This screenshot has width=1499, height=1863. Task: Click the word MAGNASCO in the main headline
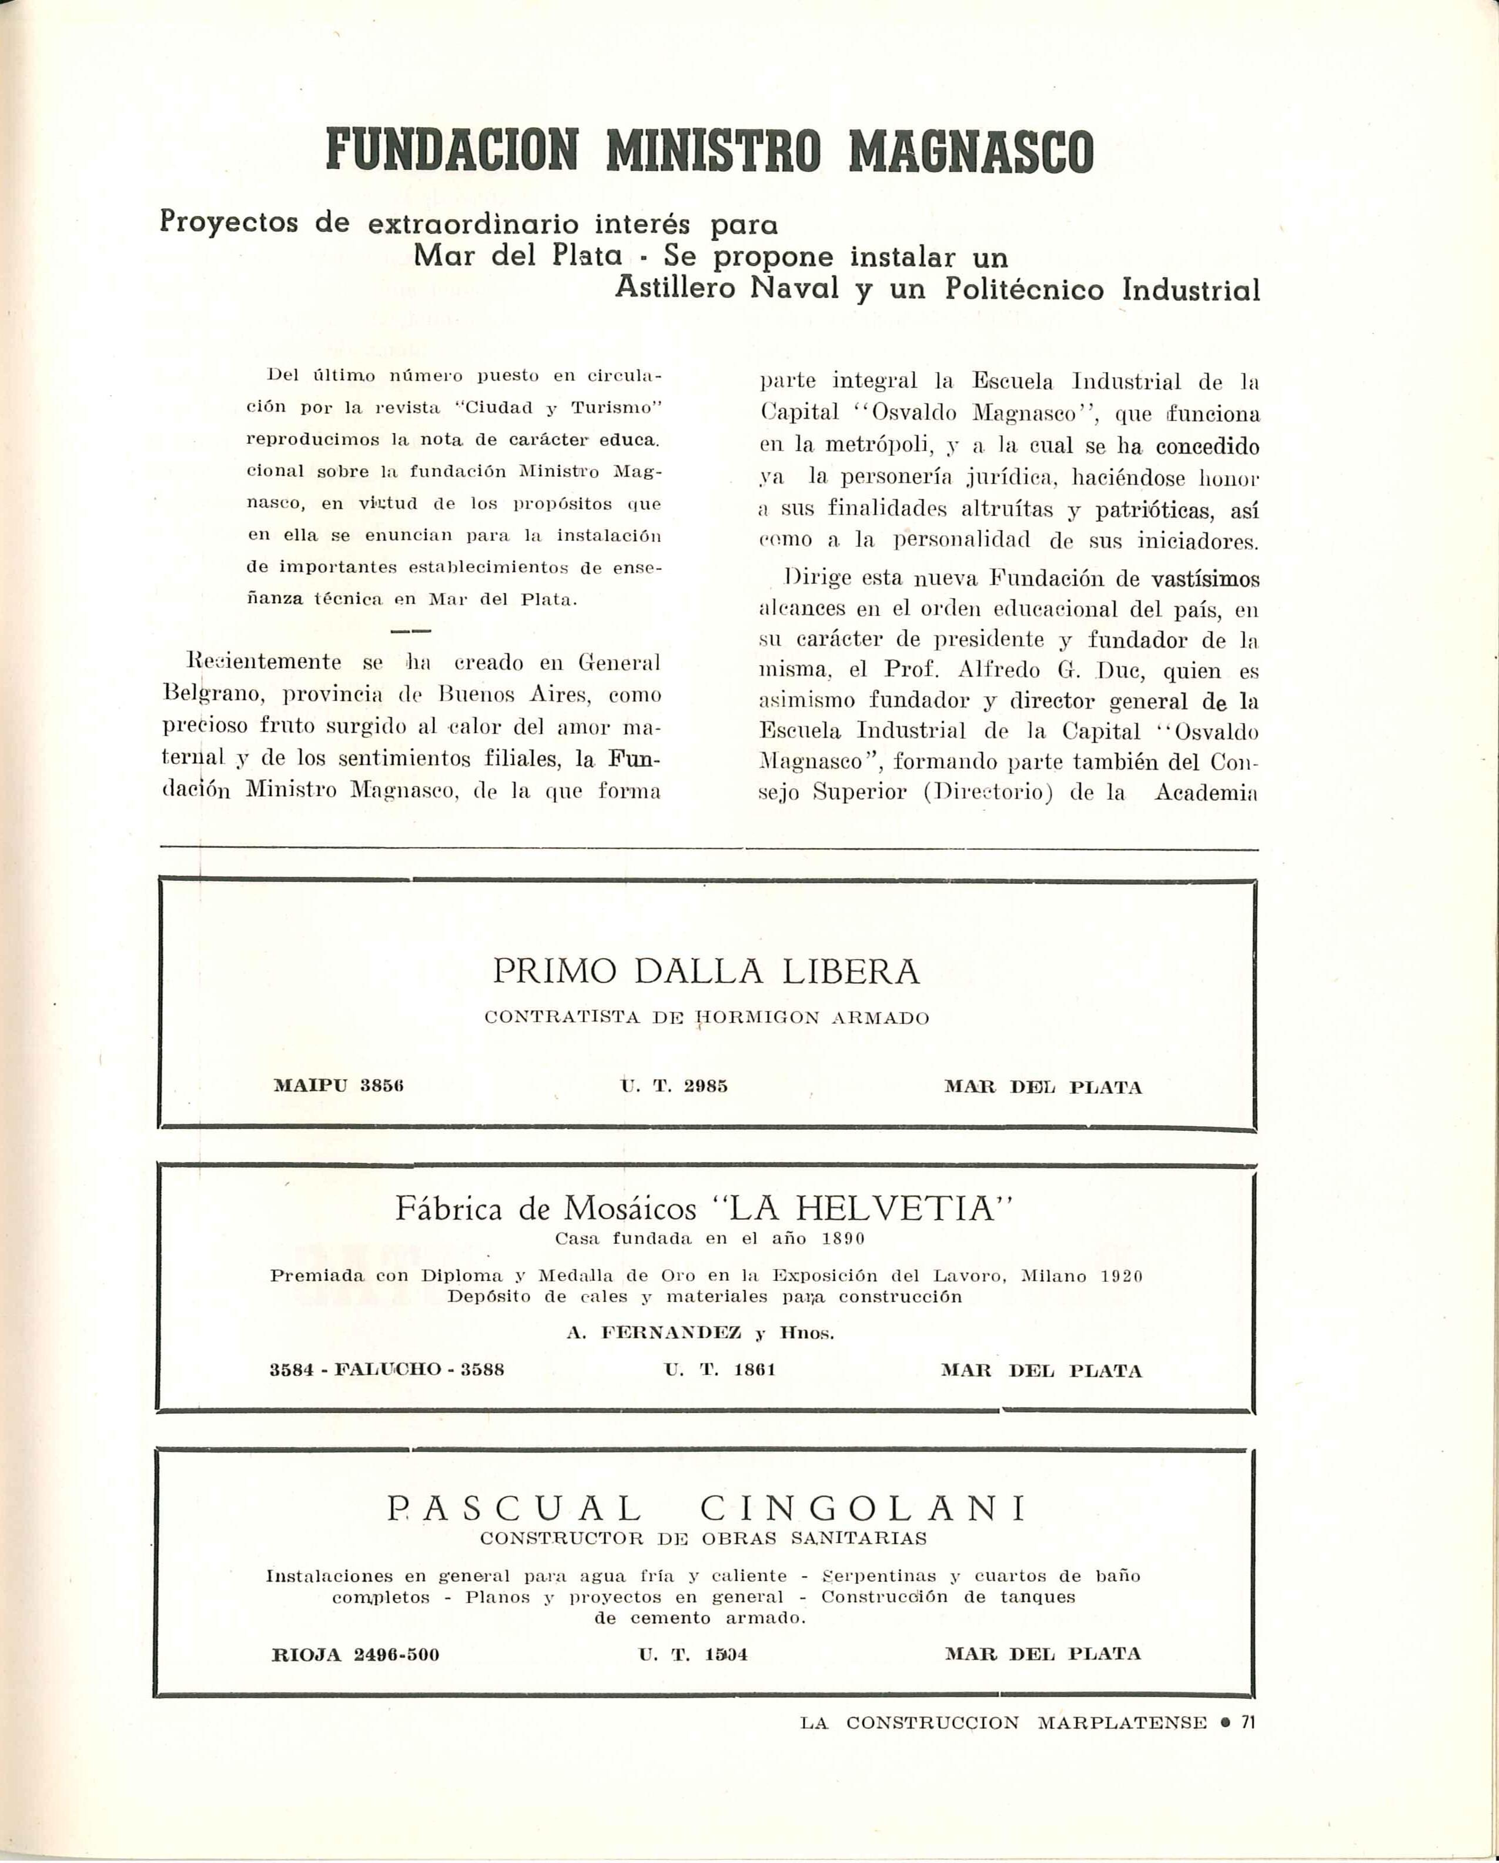(971, 151)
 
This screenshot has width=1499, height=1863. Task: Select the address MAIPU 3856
(338, 1087)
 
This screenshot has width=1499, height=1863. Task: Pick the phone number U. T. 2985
(674, 1087)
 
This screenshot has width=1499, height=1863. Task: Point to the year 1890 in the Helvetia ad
(842, 1238)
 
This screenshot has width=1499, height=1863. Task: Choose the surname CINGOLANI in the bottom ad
(862, 1509)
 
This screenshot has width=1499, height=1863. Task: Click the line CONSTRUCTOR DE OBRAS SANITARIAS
(703, 1538)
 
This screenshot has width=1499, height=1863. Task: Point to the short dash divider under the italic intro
(411, 632)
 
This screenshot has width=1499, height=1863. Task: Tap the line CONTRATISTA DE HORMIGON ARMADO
(706, 1018)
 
